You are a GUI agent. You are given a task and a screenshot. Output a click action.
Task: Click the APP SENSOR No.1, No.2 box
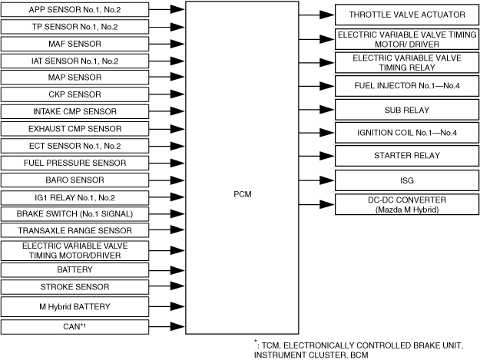tap(74, 10)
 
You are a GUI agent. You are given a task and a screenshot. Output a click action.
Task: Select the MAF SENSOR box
tap(74, 44)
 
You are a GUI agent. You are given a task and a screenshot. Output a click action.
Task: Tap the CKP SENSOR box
tap(74, 94)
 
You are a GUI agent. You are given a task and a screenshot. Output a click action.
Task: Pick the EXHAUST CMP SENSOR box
tap(74, 128)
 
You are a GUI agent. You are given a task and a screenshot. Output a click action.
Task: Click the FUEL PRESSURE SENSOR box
tap(74, 163)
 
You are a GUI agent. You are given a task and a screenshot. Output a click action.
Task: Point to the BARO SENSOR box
tap(74, 180)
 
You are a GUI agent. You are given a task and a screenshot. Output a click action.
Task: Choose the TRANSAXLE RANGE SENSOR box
tap(74, 230)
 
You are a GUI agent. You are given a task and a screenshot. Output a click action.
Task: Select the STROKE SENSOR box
tap(74, 287)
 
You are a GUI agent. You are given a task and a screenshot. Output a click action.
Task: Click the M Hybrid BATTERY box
tap(74, 307)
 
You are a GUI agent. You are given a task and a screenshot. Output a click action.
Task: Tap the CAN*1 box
tap(74, 328)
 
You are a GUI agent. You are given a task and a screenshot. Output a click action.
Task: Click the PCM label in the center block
tap(242, 194)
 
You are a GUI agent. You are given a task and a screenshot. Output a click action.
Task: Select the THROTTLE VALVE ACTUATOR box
tap(408, 15)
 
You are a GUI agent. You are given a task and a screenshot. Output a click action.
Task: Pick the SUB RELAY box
tap(408, 109)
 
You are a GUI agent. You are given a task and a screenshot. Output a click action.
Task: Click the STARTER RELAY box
tap(408, 156)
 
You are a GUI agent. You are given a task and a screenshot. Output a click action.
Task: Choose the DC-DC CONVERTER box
tap(408, 204)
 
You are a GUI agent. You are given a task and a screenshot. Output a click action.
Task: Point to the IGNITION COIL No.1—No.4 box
tap(408, 133)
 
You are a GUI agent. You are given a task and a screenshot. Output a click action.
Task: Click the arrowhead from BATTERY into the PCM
tap(177, 270)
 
